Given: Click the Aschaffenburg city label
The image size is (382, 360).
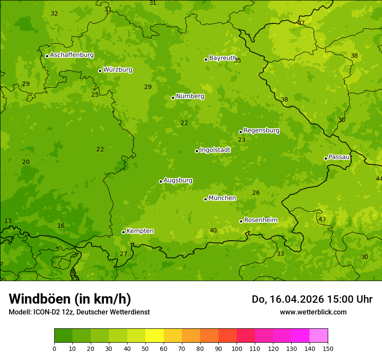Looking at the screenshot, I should [72, 55].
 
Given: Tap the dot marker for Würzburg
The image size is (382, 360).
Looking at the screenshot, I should [100, 71].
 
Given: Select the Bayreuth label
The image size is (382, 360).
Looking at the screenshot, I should [222, 58].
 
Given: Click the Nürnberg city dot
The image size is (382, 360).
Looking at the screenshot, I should [173, 98].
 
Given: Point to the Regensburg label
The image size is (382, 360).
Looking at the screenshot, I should [261, 131].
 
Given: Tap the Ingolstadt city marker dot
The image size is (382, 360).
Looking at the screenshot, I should [197, 151].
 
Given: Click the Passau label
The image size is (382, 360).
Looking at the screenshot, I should [339, 157].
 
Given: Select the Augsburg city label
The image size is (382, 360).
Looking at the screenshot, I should [178, 180].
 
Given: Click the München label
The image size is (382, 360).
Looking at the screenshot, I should [222, 198].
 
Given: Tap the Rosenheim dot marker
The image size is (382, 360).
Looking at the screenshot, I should [241, 221].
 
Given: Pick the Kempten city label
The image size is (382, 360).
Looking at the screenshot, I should [140, 231].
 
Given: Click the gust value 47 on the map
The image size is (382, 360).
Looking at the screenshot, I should [301, 23].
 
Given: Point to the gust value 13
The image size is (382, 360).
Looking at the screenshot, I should [8, 221].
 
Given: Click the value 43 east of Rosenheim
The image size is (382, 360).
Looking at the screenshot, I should [322, 219].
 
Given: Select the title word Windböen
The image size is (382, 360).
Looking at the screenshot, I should [40, 299].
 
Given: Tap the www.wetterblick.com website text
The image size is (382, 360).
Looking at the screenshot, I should [313, 312].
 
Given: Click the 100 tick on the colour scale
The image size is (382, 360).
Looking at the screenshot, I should [237, 348].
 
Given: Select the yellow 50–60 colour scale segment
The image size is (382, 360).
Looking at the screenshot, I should [155, 336].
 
